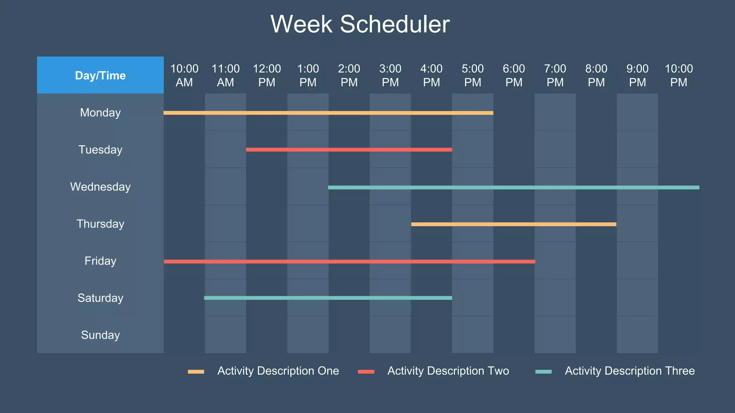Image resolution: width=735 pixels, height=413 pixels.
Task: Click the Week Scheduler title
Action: [360, 24]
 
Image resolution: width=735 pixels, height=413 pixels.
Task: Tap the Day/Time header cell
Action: [100, 75]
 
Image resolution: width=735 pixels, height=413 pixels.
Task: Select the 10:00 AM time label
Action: [184, 75]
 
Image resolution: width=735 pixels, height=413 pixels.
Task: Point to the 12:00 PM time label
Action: [267, 75]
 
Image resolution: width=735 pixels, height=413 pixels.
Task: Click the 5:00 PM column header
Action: [473, 75]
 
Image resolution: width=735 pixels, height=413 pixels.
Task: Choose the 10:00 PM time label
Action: [679, 75]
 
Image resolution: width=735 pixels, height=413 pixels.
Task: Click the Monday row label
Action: [100, 113]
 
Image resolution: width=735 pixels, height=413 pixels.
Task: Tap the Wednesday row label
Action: [100, 187]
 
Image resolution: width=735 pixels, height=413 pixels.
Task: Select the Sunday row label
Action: [100, 335]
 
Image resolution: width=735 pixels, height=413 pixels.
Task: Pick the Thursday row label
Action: [100, 224]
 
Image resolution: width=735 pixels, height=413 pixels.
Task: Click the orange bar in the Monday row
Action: [328, 113]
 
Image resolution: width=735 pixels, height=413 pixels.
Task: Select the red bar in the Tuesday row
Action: [349, 149]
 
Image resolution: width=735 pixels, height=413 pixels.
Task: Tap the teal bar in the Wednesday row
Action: [513, 187]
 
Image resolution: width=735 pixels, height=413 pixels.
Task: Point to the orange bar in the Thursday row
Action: [513, 224]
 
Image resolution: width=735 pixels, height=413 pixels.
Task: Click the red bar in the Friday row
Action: [349, 262]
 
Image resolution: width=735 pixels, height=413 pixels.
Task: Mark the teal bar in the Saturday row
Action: [328, 298]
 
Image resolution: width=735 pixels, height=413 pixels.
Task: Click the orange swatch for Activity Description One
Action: [196, 371]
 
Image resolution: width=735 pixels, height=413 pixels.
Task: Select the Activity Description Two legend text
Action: [448, 371]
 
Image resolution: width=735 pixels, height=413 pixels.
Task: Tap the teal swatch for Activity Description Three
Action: [543, 371]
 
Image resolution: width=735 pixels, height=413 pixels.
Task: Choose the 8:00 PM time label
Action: [596, 75]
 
